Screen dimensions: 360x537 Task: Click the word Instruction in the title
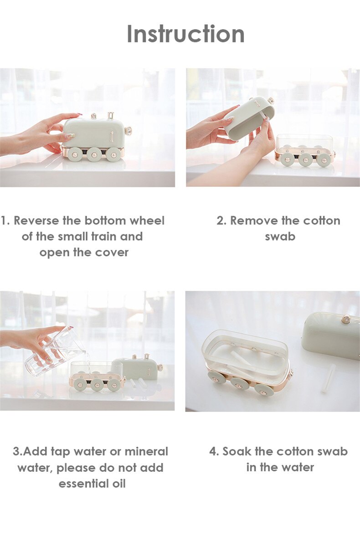[x=185, y=34]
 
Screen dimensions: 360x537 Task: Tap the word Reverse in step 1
[x=36, y=221]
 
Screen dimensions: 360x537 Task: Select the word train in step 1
[x=104, y=236]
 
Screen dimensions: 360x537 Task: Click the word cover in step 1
[x=112, y=253]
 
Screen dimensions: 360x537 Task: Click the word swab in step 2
[x=280, y=236]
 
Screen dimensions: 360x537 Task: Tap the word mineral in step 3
[x=146, y=451]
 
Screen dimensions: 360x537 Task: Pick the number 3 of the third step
[x=16, y=451]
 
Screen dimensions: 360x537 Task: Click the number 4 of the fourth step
[x=213, y=451]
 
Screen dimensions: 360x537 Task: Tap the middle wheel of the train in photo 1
[x=94, y=154]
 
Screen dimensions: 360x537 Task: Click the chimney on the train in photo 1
[x=111, y=116]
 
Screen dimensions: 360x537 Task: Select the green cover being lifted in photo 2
[x=249, y=119]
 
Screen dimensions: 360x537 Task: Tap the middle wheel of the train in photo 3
[x=97, y=385]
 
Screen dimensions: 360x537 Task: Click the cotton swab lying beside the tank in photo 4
[x=328, y=378]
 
